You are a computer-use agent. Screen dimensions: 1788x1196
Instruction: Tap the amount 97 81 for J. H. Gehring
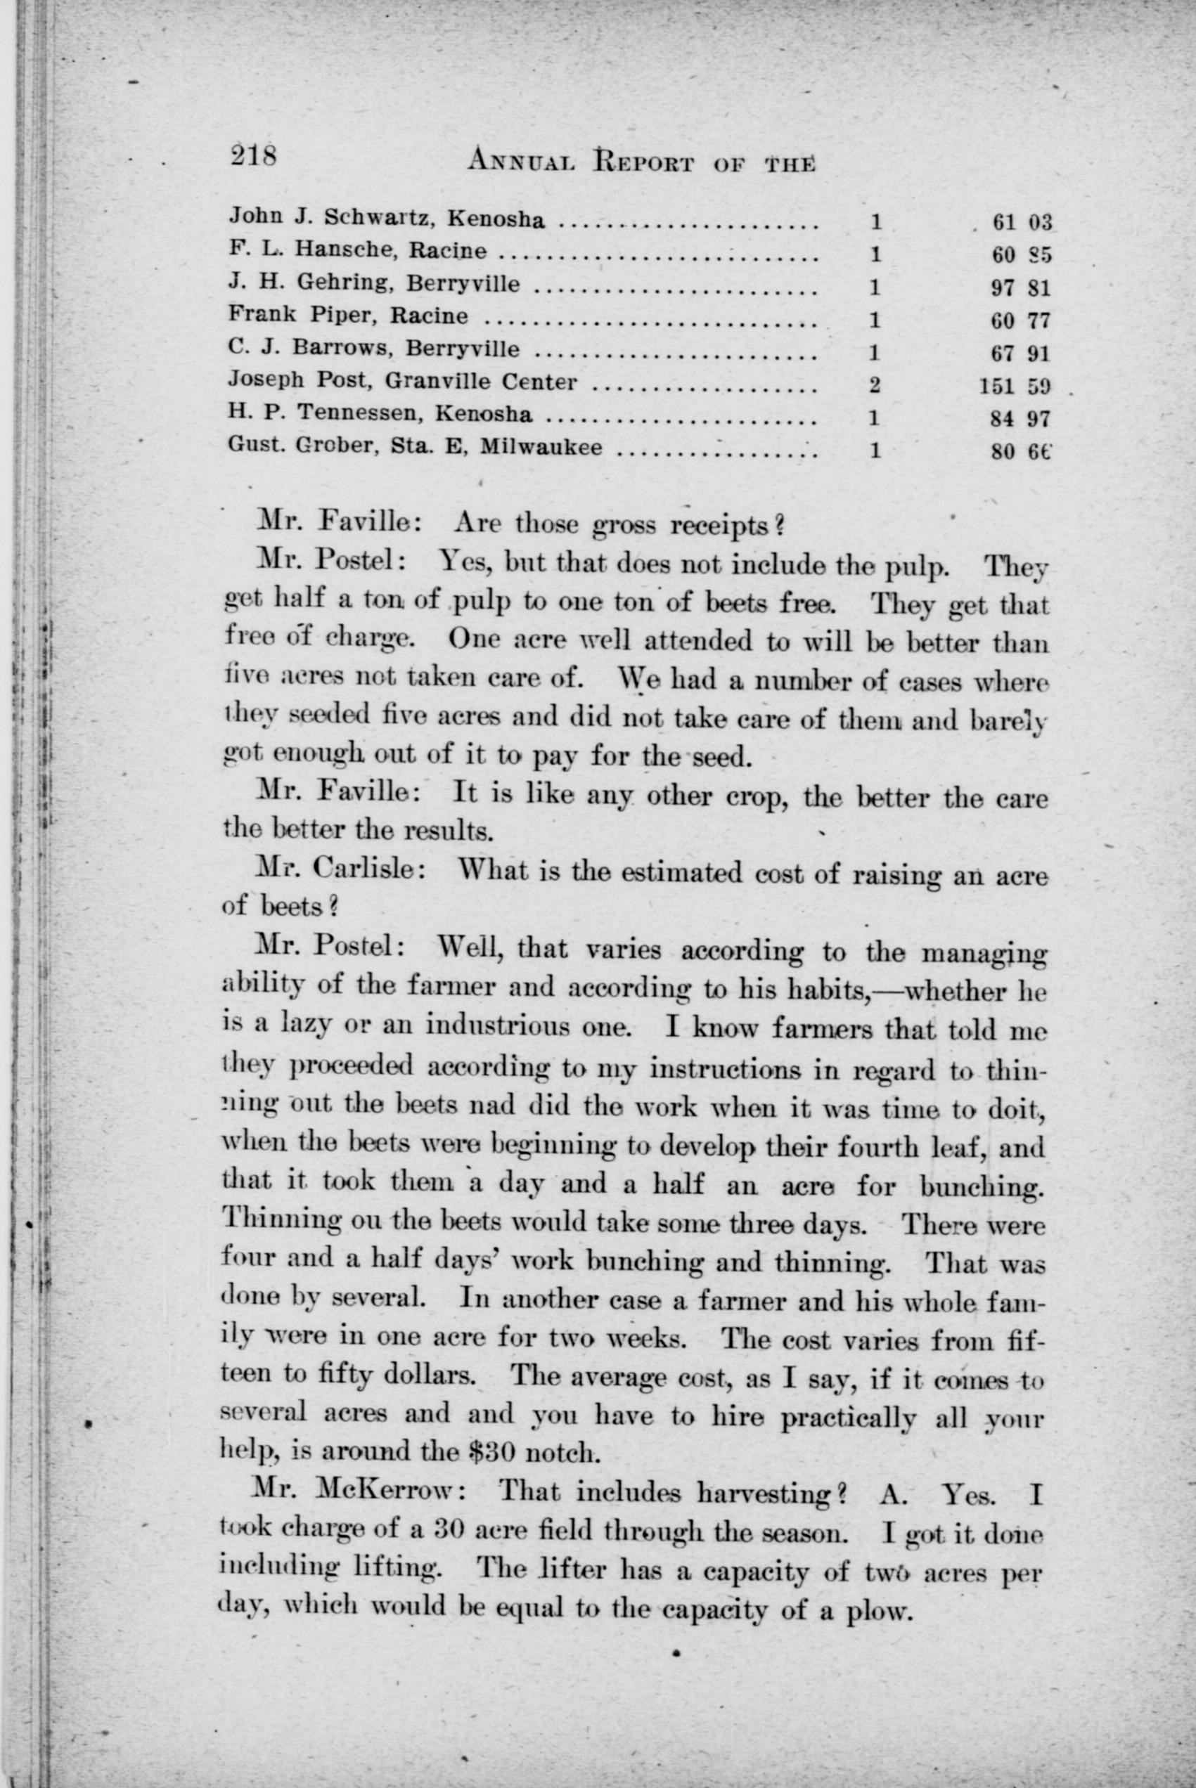1022,289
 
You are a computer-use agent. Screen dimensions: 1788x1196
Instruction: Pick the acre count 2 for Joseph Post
875,385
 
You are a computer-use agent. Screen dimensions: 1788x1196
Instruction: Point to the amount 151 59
1015,387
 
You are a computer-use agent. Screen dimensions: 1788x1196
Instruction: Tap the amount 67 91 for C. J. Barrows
1022,354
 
